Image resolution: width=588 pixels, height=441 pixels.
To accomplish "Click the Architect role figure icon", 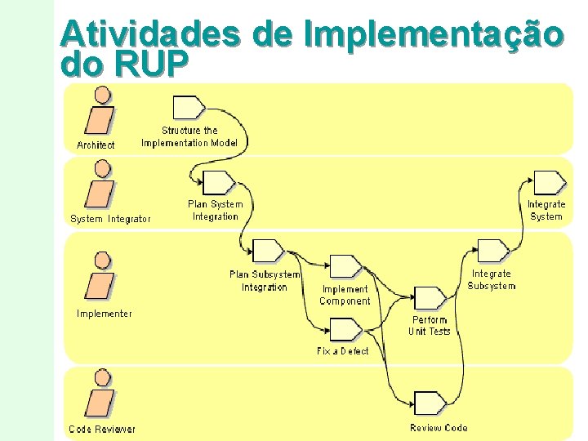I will (100, 114).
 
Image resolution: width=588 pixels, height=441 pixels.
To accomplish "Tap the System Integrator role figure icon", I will (100, 187).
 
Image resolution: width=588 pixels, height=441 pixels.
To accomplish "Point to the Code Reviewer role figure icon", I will (100, 397).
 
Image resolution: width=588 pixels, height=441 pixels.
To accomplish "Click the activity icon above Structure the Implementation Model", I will (189, 107).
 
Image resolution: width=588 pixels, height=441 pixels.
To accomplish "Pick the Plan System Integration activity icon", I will (217, 182).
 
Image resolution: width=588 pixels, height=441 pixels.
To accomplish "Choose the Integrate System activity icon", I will (549, 182).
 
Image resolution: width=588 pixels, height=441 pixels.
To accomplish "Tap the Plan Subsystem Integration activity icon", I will (268, 250).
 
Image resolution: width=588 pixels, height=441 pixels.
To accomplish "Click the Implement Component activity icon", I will (345, 266).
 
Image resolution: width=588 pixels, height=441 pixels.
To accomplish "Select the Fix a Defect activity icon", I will (345, 329).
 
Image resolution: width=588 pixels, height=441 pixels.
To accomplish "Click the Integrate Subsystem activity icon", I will (492, 250).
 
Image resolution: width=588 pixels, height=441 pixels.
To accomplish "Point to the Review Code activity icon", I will (430, 403).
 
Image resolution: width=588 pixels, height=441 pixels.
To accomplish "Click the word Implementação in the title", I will (433, 35).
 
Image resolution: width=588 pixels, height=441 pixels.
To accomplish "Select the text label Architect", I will (96, 145).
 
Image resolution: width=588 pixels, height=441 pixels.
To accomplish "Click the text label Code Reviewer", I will (102, 430).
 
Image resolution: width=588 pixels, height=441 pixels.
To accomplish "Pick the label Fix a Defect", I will (343, 351).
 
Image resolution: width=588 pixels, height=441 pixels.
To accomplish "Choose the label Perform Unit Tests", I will (430, 326).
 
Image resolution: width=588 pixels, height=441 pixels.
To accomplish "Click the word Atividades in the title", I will (150, 35).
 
